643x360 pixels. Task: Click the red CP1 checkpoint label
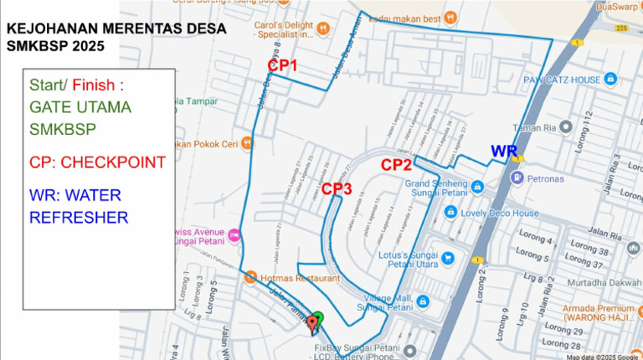pos(282,65)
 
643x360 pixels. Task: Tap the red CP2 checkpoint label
pos(396,165)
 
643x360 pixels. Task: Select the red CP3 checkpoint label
pos(336,189)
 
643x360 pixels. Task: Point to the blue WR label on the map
pos(503,151)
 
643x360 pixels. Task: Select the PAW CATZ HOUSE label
pos(562,80)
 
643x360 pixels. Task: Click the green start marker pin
pos(317,316)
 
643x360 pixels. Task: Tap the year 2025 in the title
pos(87,46)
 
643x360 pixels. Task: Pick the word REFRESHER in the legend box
pos(79,218)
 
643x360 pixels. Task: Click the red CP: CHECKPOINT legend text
pos(97,162)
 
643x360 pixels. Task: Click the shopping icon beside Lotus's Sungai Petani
pos(449,257)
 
